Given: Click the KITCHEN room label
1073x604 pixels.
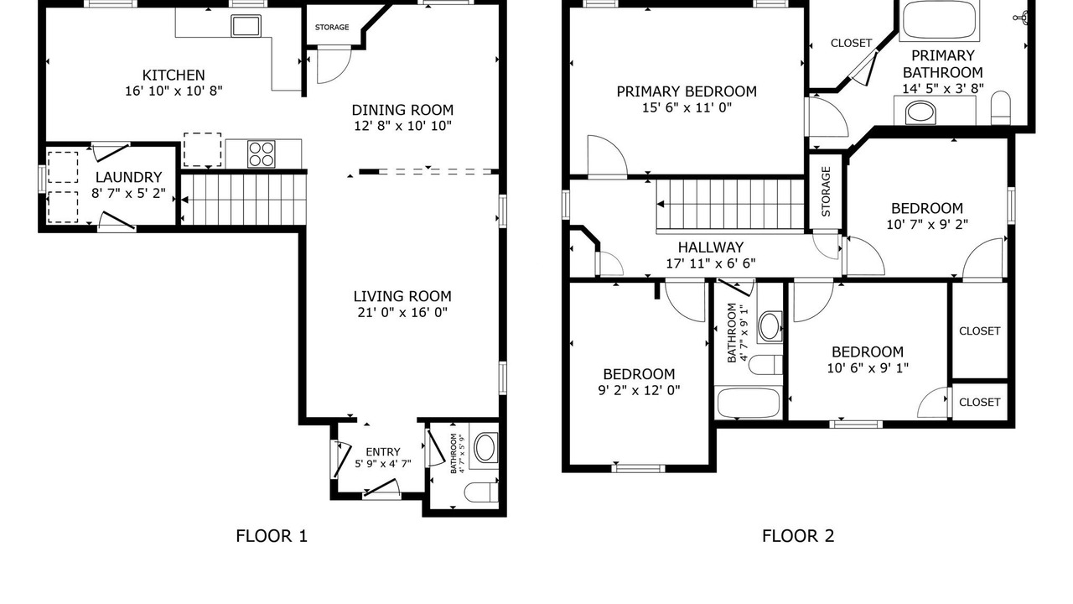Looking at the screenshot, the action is (174, 75).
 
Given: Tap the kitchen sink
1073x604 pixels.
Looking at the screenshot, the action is (246, 26).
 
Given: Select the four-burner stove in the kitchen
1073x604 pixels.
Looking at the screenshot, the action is (261, 154).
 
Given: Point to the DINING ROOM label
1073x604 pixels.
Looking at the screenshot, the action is (402, 110).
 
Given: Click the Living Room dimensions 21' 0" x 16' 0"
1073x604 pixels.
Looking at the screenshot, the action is (402, 313).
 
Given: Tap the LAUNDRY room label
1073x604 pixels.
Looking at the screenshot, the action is (128, 177).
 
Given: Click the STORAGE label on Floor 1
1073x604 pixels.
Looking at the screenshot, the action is (332, 28).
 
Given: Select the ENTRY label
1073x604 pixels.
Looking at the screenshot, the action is (383, 452).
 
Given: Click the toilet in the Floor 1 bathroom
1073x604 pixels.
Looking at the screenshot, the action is (481, 492).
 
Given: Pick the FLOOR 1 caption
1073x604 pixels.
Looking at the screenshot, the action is (272, 536).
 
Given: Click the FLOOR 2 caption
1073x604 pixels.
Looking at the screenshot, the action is (798, 536).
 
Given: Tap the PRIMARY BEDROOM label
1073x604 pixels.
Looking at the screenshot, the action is (687, 91).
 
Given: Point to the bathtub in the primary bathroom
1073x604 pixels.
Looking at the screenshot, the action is (939, 20).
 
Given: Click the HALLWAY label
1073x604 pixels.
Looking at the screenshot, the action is (711, 247).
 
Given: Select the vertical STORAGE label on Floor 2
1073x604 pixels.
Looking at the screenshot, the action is (826, 191).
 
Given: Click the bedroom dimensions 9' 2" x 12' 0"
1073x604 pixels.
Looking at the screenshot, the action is (639, 390).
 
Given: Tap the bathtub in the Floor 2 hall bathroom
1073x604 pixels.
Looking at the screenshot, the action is (749, 403).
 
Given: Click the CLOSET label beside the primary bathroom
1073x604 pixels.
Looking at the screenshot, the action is (851, 43).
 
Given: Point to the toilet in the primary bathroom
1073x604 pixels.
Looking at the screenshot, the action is (1000, 107).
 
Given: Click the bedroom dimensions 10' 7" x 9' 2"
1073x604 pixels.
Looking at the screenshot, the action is (927, 224).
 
